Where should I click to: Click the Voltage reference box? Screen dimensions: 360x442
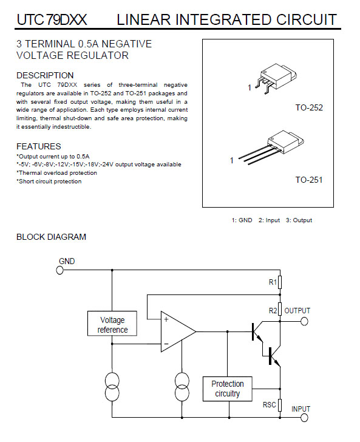pos(112,324)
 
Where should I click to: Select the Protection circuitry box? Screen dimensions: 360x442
pos(228,389)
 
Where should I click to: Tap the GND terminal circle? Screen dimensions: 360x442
pos(59,270)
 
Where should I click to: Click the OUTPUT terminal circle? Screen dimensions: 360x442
pos(304,321)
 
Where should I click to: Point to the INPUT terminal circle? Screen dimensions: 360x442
pos(304,418)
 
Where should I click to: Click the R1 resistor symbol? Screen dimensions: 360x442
pos(280,282)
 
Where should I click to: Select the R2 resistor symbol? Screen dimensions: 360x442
pos(280,309)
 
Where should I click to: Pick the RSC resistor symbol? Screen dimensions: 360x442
pos(280,406)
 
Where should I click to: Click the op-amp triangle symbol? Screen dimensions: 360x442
pos(178,331)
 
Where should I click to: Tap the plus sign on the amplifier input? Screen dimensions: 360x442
pos(166,319)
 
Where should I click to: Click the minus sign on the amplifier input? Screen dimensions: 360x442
pos(166,344)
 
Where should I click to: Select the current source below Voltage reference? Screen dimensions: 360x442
pos(112,386)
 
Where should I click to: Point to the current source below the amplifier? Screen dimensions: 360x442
pos(182,386)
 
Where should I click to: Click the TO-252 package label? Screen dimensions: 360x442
pos(309,107)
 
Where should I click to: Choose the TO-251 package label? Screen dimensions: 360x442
pos(309,180)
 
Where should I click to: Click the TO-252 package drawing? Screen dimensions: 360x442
pos(276,78)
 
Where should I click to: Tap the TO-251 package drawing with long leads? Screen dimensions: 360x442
pos(271,148)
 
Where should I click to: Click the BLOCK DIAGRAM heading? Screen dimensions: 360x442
pos(52,237)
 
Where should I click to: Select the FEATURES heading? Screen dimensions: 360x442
pos(39,146)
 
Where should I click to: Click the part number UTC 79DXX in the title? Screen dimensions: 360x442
pos(52,19)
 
